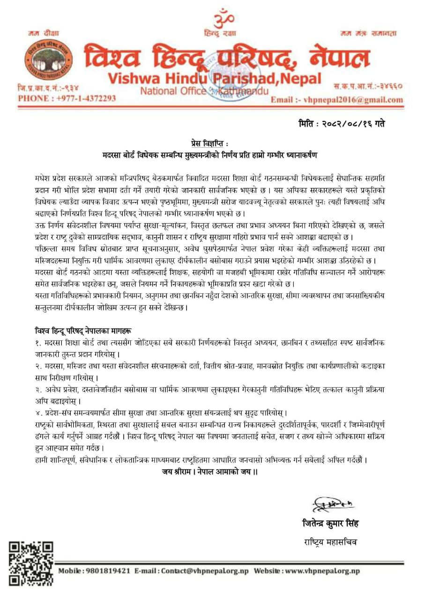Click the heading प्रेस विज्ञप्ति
[211, 142]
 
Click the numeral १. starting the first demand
[38, 343]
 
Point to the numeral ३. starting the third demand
[38, 390]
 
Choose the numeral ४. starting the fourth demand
[38, 413]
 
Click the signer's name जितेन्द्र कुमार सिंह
[330, 524]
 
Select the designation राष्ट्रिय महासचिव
[330, 542]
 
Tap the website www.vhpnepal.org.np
[323, 571]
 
